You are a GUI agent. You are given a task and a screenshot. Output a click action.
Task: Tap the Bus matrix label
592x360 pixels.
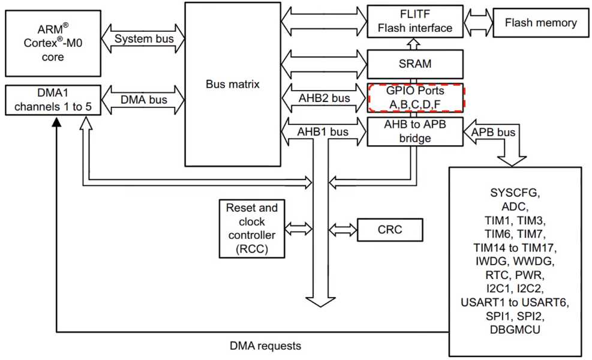[233, 84]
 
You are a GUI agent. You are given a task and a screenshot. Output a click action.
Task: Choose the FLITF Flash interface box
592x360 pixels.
[414, 20]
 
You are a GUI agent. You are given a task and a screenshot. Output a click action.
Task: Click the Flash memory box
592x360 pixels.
[540, 23]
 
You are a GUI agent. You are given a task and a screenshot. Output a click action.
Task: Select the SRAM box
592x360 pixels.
[414, 64]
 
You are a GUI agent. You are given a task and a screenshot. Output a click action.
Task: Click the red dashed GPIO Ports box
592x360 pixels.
[415, 97]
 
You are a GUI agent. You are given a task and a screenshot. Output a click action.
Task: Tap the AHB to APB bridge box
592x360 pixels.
[414, 131]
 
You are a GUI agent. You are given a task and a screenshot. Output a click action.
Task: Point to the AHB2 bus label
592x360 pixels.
[324, 98]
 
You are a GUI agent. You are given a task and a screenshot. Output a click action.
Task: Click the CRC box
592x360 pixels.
[390, 229]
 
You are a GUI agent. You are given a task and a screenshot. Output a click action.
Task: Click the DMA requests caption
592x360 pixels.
[265, 346]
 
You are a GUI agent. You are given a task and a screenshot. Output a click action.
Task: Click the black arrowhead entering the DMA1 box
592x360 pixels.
[56, 122]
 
